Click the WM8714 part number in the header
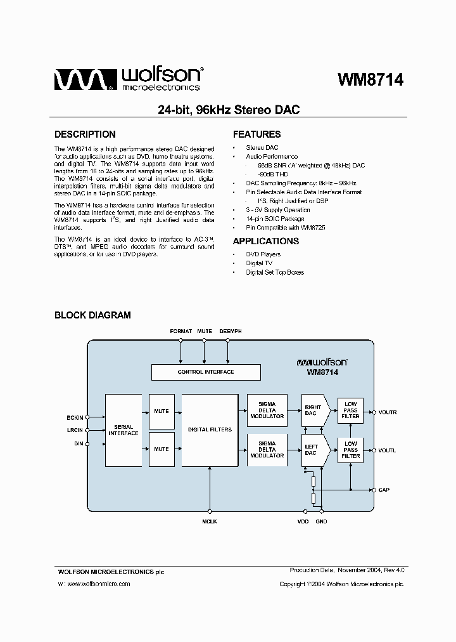coord(370,80)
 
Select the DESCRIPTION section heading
coord(85,134)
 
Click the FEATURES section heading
coord(256,134)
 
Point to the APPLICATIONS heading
coord(266,241)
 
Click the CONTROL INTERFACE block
coord(206,372)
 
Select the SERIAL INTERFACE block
coord(123,430)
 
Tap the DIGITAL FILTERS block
coord(210,429)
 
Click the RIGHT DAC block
coord(313,411)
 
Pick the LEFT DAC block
coord(312,450)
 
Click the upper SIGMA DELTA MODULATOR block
coord(267,410)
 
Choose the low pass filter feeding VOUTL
coord(350,450)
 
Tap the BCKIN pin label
coord(75,417)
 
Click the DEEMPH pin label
coord(230,332)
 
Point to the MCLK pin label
coord(210,522)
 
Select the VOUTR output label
coord(387,412)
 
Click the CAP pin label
coord(383,490)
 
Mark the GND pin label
coord(322,522)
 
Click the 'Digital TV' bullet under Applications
coord(259,263)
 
